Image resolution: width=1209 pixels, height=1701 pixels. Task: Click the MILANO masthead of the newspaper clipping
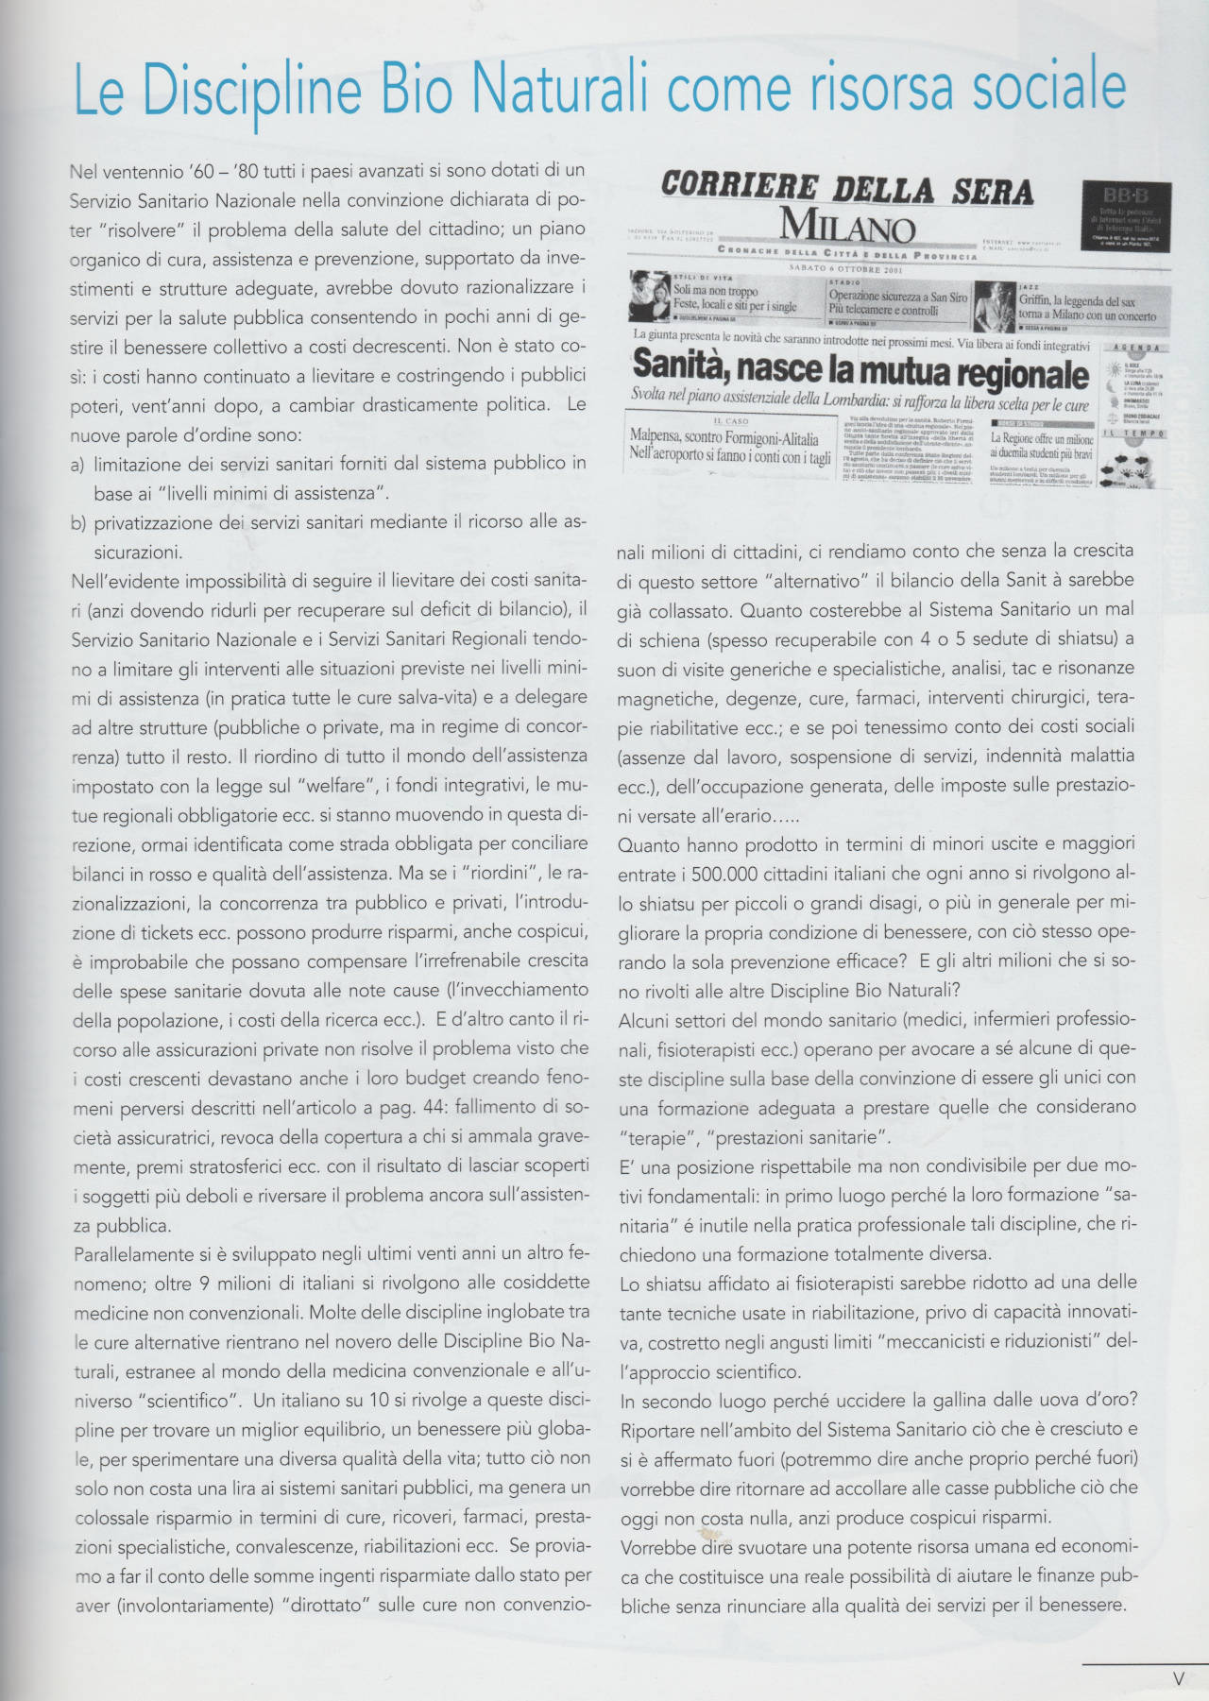(847, 226)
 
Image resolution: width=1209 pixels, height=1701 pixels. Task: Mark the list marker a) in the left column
(78, 465)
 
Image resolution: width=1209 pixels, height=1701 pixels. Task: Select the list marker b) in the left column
(78, 523)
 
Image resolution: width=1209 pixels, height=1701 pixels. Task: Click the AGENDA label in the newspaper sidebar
(1133, 349)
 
